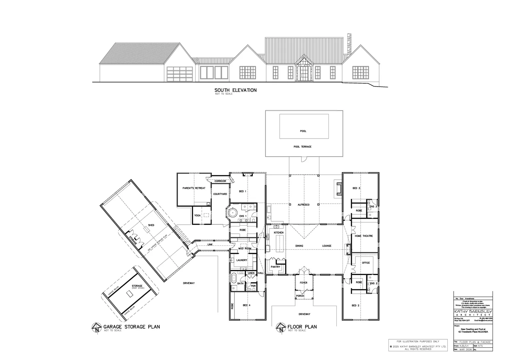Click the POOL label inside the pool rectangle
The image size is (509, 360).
(303, 131)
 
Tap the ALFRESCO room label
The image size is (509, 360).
(303, 205)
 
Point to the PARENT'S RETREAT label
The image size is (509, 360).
(194, 188)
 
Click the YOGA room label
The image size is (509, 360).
(197, 216)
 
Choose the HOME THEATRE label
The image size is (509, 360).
(363, 236)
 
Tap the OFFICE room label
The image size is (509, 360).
(366, 263)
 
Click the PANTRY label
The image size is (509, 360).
(275, 267)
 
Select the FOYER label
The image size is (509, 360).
(303, 283)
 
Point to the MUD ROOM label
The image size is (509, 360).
(245, 249)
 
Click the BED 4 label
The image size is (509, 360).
(247, 306)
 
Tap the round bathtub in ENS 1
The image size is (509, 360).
(232, 213)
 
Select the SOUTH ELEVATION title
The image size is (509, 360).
(236, 90)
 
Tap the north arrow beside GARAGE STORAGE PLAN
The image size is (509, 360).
(97, 327)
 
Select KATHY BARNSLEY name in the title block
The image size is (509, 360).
(473, 311)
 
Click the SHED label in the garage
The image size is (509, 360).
(151, 225)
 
